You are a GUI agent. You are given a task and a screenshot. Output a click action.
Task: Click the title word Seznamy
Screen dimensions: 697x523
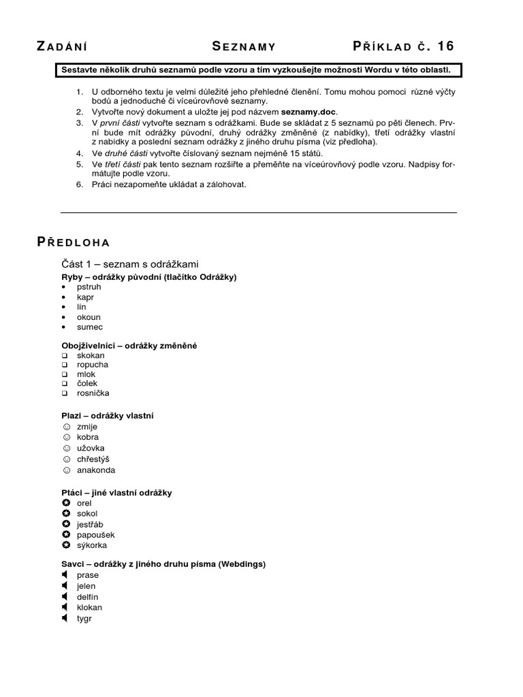[244, 46]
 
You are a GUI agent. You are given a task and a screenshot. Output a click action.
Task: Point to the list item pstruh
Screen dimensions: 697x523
[89, 287]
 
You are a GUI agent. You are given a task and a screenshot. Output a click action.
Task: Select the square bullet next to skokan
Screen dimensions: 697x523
[65, 355]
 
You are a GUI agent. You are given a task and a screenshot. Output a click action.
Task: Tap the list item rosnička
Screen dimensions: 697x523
[93, 393]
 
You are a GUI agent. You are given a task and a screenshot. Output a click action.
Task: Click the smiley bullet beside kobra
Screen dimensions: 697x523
[66, 437]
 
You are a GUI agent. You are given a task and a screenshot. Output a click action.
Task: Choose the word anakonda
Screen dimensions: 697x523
[96, 470]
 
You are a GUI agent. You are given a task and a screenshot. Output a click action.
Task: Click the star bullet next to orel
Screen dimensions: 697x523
[66, 503]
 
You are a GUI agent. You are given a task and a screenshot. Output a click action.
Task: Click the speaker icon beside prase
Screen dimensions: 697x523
[65, 575]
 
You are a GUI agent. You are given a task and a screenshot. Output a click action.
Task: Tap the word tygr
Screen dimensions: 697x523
[84, 618]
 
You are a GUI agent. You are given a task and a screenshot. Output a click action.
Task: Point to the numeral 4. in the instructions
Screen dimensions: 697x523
[79, 154]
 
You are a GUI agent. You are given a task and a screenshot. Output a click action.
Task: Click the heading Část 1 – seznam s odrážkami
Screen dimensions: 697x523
[129, 263]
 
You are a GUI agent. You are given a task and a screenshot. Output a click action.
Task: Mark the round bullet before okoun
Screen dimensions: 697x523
[64, 317]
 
